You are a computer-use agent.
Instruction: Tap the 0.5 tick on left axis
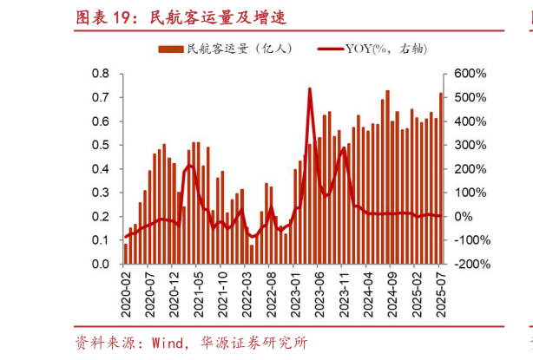pos(101,145)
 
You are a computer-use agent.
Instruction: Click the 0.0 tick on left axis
pos(101,264)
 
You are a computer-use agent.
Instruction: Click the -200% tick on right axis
pos(461,264)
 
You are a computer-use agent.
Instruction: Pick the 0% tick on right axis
pos(458,216)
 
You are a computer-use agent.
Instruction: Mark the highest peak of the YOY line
pos(310,88)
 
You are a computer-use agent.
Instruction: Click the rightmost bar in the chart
pos(440,178)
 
